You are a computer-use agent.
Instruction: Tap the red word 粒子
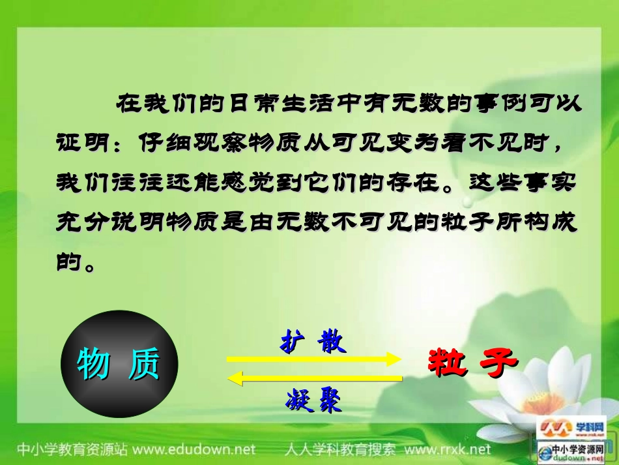pyautogui.click(x=472, y=361)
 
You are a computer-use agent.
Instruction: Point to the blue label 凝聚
pyautogui.click(x=313, y=400)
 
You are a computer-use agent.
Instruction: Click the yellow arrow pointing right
pyautogui.click(x=313, y=359)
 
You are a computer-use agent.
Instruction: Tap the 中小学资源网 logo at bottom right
pyautogui.click(x=573, y=450)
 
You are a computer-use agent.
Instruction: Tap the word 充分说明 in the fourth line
pyautogui.click(x=106, y=222)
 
